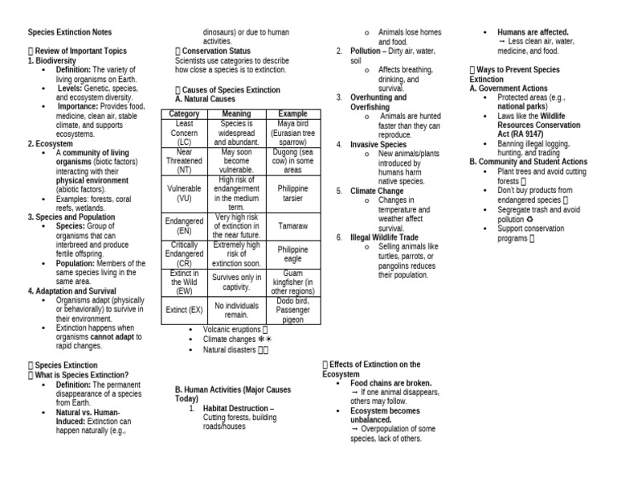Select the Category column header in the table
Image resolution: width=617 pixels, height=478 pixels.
(x=184, y=113)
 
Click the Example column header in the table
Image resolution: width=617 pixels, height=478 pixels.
(x=292, y=113)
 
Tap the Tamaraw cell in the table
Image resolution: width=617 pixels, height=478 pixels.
(x=292, y=227)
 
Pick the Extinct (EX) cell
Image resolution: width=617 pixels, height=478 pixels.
(x=184, y=309)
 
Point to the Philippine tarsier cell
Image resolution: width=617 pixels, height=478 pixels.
(x=292, y=193)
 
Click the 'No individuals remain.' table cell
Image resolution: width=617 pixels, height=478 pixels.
(x=236, y=310)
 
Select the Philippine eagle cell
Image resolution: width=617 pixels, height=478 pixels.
(x=292, y=254)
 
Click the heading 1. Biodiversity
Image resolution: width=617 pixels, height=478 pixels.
(x=52, y=60)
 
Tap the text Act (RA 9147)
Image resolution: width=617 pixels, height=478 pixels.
(x=525, y=134)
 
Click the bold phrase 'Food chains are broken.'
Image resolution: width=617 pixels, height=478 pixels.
(x=391, y=383)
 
